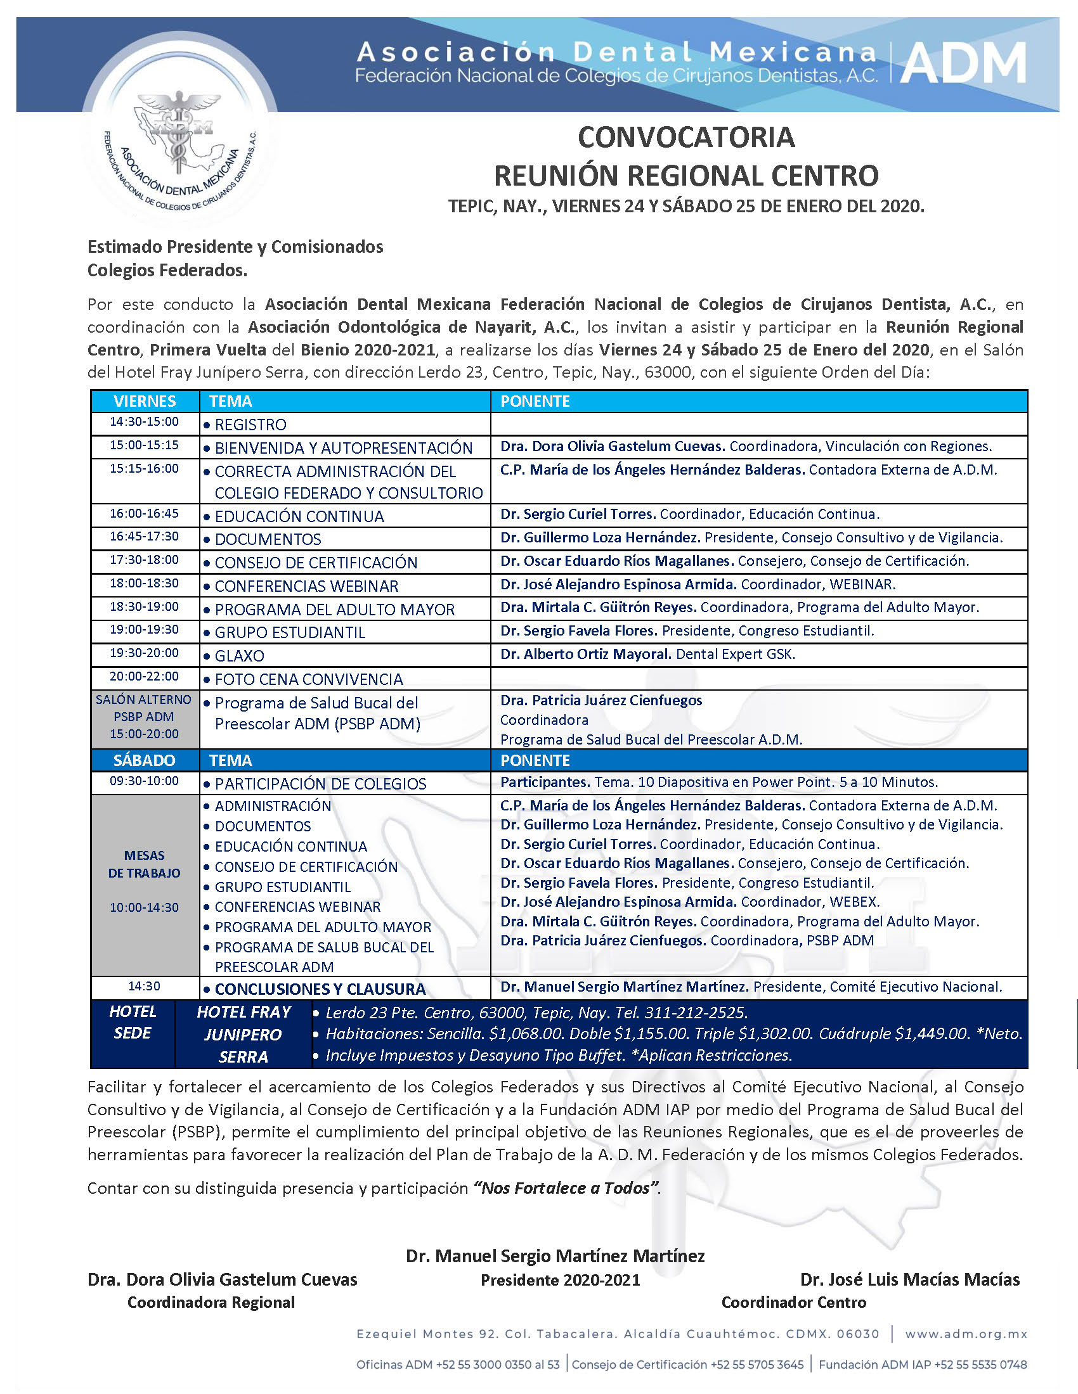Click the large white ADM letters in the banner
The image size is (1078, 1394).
point(963,63)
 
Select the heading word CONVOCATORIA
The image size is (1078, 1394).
point(686,137)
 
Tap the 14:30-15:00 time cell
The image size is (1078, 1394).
point(145,422)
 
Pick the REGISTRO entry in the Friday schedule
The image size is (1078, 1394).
point(250,425)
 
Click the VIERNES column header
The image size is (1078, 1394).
point(145,402)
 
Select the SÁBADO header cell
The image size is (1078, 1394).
point(145,760)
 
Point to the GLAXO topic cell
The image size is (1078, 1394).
point(240,656)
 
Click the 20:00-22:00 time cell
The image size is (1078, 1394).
point(145,677)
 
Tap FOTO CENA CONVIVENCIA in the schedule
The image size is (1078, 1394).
point(309,680)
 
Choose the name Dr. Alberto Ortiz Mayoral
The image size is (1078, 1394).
point(586,655)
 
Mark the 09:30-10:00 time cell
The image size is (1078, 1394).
point(145,781)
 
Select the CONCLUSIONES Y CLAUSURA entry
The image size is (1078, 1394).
point(320,989)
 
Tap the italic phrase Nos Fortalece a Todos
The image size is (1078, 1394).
point(566,1189)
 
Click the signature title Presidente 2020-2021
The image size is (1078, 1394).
point(560,1281)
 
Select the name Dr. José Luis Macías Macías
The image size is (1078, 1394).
point(910,1280)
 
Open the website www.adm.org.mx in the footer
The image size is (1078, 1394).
point(966,1334)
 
